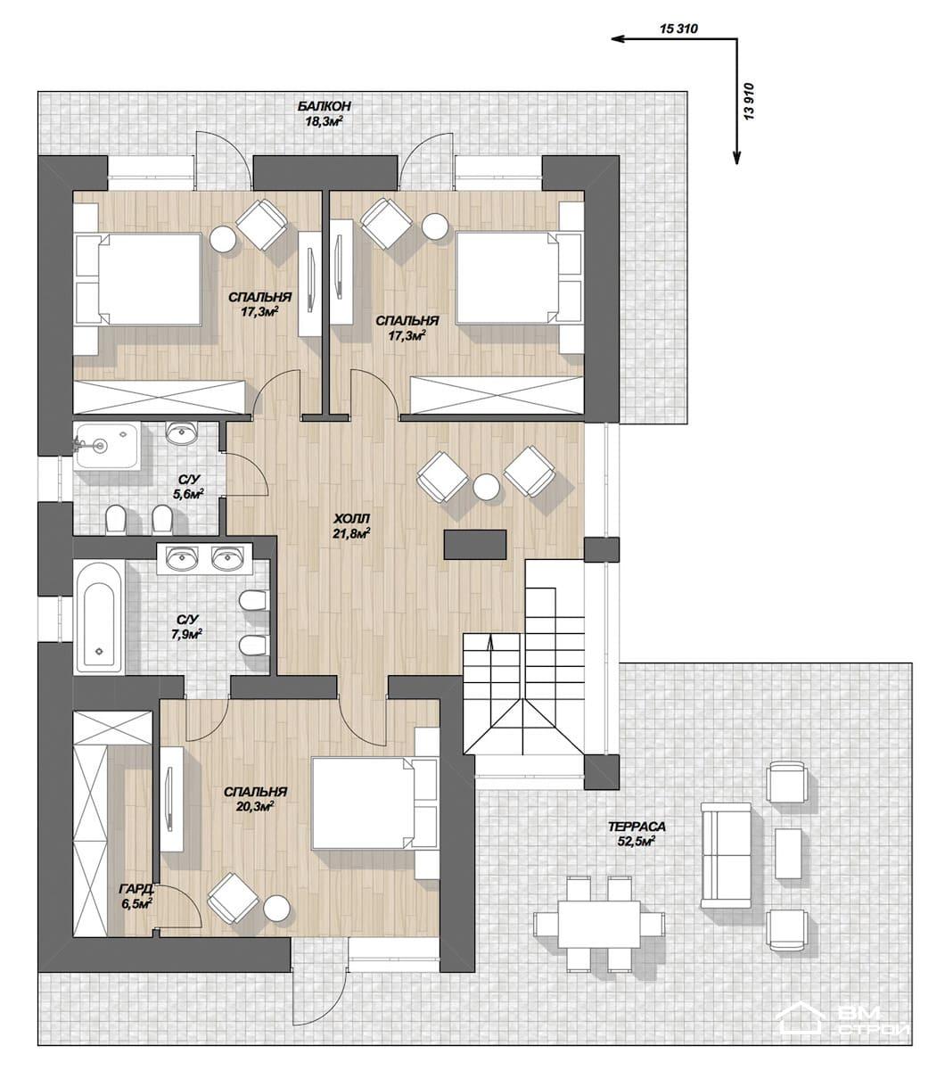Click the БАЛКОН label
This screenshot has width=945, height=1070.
324,107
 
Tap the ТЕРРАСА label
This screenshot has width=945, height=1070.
637,827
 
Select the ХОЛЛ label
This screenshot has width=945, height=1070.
351,518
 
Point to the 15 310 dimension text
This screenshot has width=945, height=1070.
678,29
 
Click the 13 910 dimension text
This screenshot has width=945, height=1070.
749,101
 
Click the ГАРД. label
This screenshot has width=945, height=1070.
136,888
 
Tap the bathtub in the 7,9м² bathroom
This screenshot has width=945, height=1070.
99,617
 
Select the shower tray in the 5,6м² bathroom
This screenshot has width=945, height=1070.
106,446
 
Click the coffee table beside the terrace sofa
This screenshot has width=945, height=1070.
787,853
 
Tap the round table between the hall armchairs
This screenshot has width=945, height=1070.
487,487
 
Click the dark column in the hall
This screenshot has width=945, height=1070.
475,545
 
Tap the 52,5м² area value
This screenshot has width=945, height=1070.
636,841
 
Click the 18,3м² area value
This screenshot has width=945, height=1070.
324,121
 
